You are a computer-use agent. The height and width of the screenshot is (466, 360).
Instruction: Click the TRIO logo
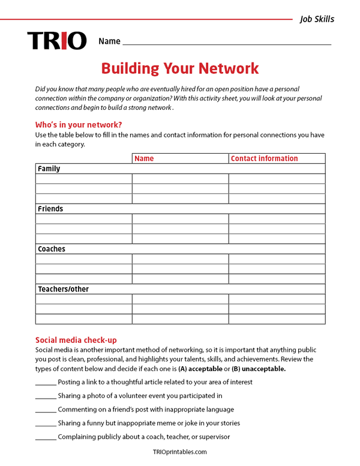tap(57, 41)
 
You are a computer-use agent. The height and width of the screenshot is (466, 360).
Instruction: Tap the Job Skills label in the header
tap(317, 19)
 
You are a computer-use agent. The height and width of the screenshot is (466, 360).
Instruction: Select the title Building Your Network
tap(180, 68)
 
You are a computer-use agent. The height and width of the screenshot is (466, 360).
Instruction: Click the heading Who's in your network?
tap(79, 125)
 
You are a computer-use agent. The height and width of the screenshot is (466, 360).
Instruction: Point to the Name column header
tap(144, 159)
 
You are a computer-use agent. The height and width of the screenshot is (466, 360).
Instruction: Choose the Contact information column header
tap(264, 159)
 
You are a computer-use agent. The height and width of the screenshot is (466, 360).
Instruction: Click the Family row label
tap(49, 169)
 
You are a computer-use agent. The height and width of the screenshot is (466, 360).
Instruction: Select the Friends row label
tap(50, 209)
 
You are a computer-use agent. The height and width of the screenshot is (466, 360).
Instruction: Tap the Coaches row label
tap(52, 249)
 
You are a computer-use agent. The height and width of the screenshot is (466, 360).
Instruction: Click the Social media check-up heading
tap(80, 340)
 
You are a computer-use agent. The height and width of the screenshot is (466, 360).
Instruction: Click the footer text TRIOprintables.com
tap(180, 452)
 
